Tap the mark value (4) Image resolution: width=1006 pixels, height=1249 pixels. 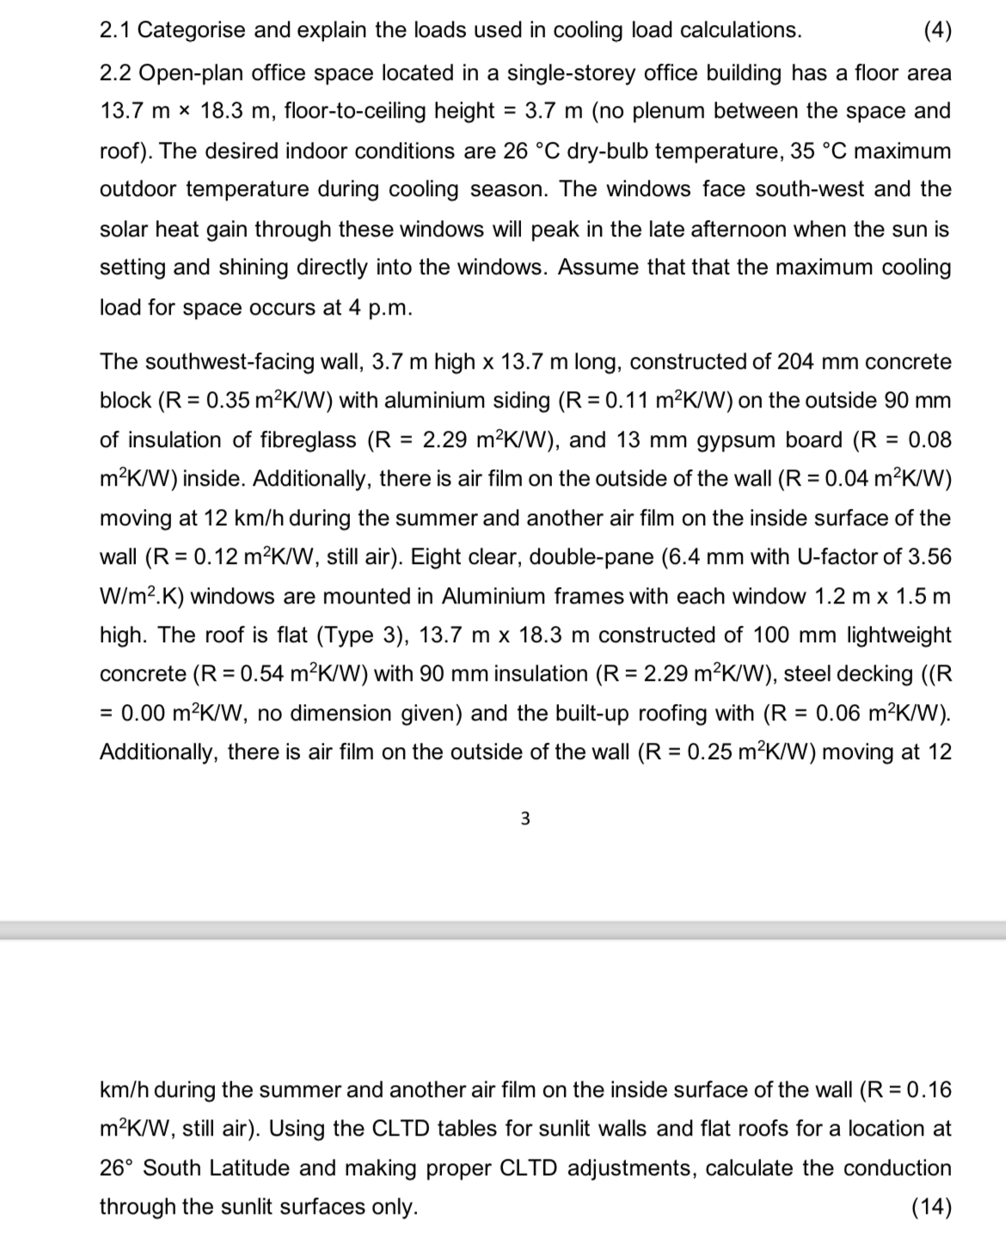pos(936,30)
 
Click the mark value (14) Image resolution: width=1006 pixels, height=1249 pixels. pos(932,1207)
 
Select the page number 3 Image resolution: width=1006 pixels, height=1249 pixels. pos(525,819)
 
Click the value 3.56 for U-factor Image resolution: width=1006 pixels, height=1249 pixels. pos(929,557)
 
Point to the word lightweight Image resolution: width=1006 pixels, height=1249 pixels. pos(899,635)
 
